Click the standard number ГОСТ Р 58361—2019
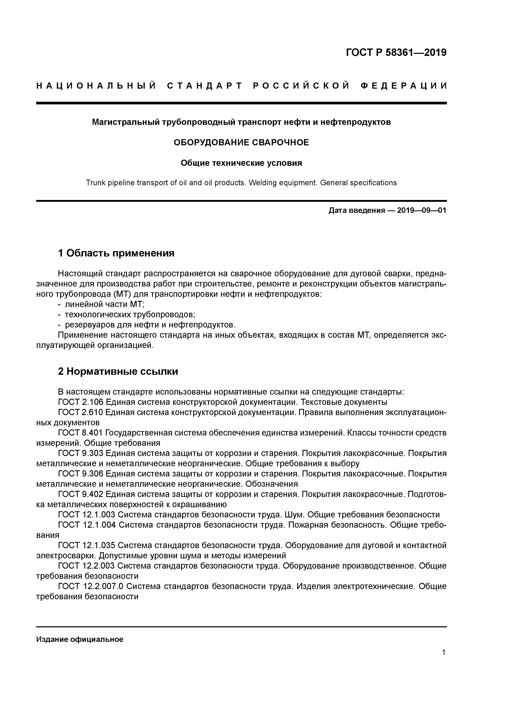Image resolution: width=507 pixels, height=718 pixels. point(396,53)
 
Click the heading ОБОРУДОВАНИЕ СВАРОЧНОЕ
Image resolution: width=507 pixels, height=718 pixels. point(241,143)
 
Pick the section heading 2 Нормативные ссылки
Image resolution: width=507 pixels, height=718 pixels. point(118,371)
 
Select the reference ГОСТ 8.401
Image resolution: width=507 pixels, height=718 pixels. point(80,433)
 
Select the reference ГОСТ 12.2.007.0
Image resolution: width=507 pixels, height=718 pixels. point(91,586)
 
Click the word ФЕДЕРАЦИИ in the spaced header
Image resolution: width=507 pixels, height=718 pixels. point(404,86)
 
